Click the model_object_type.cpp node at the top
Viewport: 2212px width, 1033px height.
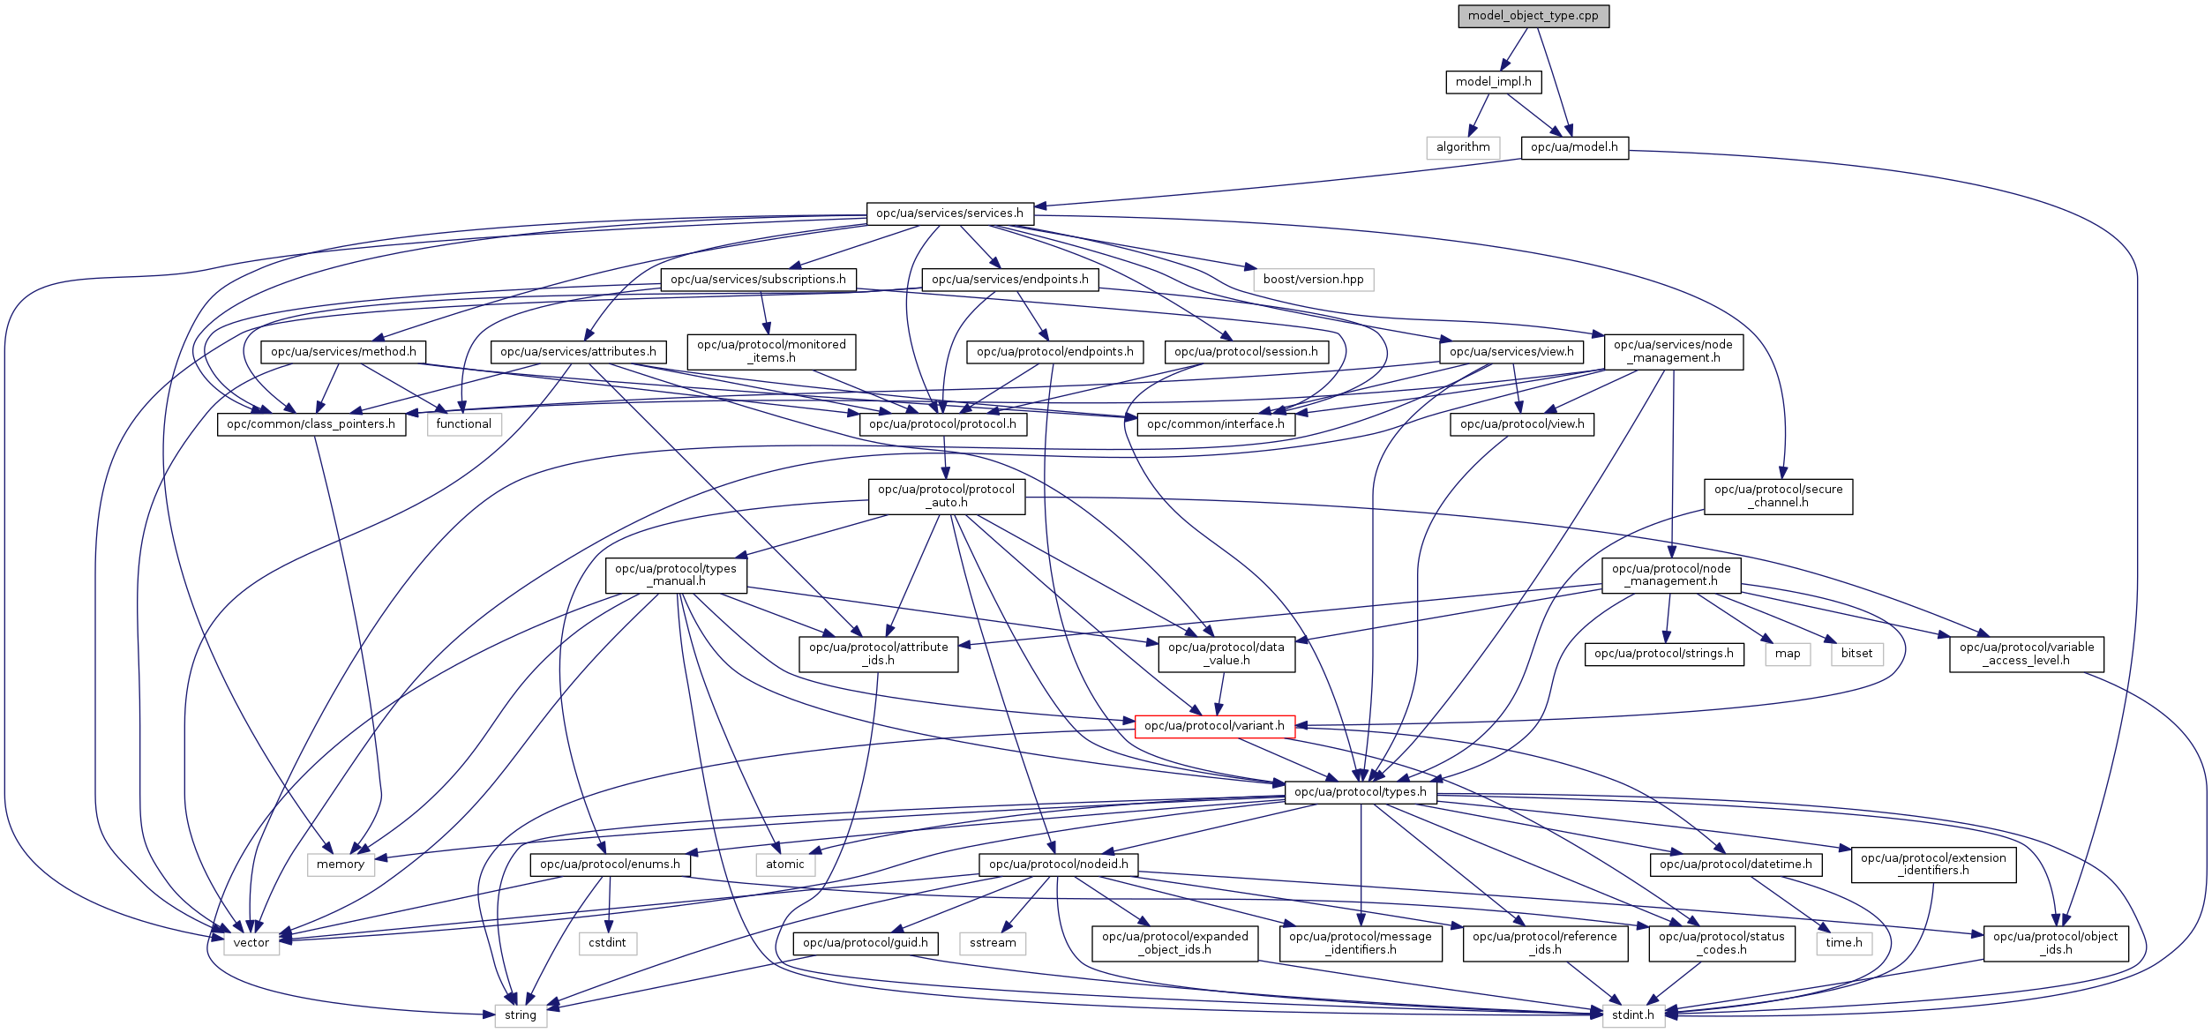tap(1533, 16)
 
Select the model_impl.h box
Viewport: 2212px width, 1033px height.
tap(1493, 82)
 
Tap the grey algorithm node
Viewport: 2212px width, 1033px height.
tap(1462, 147)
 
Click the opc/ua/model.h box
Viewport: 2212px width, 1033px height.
tap(1574, 147)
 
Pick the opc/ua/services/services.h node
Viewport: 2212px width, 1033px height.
tap(949, 213)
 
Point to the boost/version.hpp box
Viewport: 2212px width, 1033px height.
tap(1313, 280)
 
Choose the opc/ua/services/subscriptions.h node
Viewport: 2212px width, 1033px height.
tap(758, 280)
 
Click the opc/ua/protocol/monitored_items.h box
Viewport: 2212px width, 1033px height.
tap(771, 351)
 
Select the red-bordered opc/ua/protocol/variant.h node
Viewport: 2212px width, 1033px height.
tap(1214, 726)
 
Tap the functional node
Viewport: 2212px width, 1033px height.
tap(463, 424)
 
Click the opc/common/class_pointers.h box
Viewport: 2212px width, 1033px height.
tap(311, 424)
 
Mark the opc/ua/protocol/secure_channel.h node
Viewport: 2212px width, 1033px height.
tap(1778, 496)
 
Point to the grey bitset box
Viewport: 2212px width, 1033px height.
tap(1856, 654)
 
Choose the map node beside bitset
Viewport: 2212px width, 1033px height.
tap(1788, 654)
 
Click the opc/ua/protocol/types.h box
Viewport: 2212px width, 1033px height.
tap(1360, 792)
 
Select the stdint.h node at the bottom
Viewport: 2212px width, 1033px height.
tap(1632, 1015)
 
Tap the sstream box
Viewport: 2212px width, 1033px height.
tap(993, 943)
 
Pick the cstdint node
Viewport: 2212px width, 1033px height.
tap(607, 943)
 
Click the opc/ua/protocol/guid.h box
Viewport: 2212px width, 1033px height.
tap(865, 943)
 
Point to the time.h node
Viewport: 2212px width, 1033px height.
tap(1844, 943)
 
